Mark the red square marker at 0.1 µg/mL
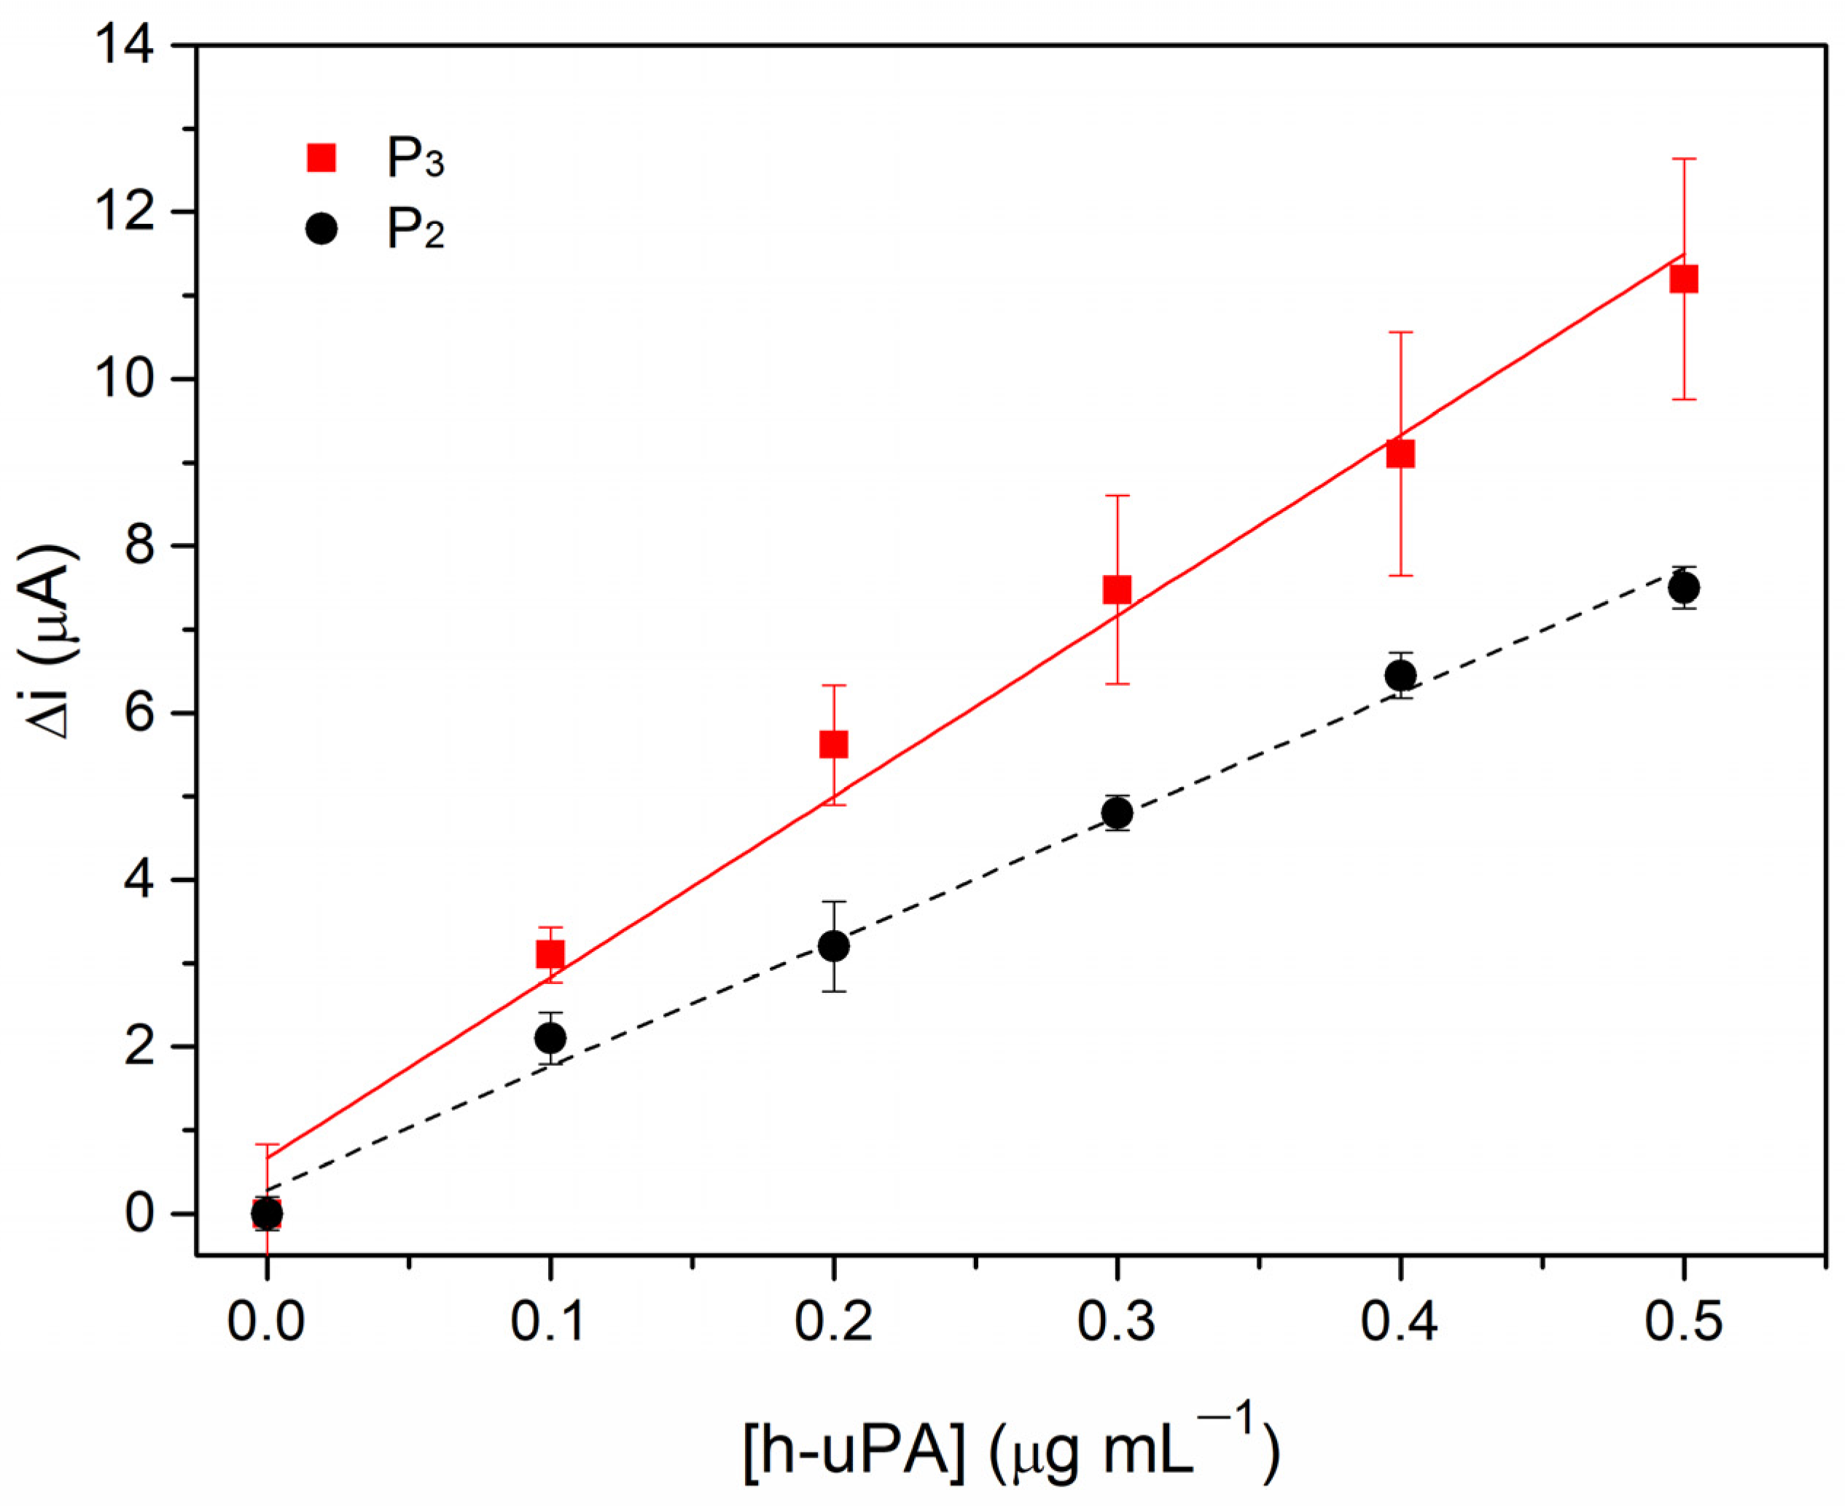coord(550,955)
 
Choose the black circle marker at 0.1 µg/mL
coord(550,1037)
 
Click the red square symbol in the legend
coord(321,159)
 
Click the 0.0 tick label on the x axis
coord(266,1323)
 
